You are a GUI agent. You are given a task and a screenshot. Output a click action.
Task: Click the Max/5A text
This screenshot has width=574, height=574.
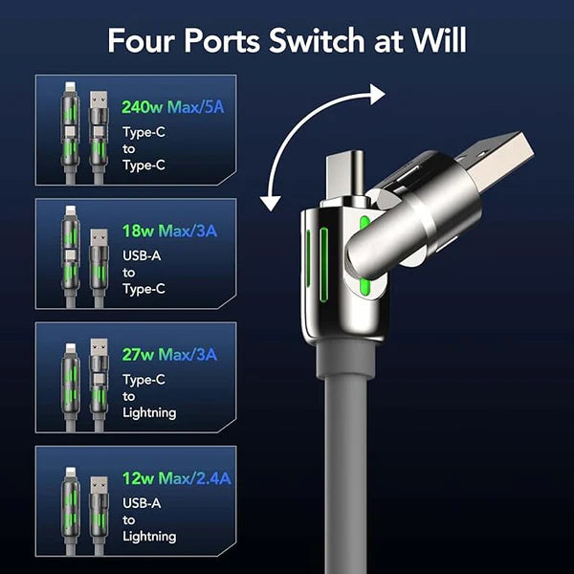(x=197, y=105)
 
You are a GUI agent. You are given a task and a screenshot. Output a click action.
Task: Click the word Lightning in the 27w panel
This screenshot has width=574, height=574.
(x=149, y=412)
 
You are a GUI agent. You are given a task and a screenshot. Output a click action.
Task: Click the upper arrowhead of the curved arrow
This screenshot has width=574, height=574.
(x=374, y=94)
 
